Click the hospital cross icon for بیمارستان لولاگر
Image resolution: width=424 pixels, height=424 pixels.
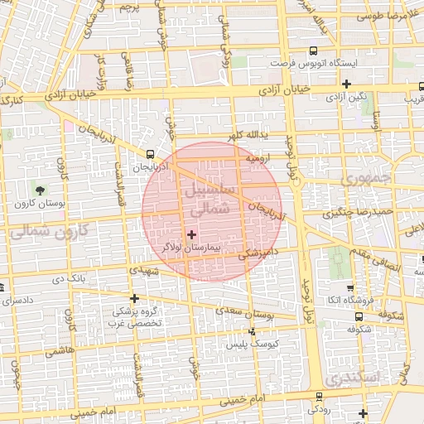click(x=191, y=234)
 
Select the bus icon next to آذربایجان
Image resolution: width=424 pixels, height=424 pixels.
click(x=150, y=154)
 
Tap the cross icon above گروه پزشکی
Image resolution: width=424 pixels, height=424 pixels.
click(x=133, y=298)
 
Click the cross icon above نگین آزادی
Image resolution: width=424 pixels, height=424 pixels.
click(x=346, y=84)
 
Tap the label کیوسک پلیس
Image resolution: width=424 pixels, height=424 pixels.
click(x=276, y=342)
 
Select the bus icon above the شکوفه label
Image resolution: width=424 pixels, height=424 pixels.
click(x=358, y=316)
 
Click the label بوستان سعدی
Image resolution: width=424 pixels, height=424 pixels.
click(x=248, y=311)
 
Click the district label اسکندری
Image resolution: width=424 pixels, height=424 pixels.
click(x=352, y=377)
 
